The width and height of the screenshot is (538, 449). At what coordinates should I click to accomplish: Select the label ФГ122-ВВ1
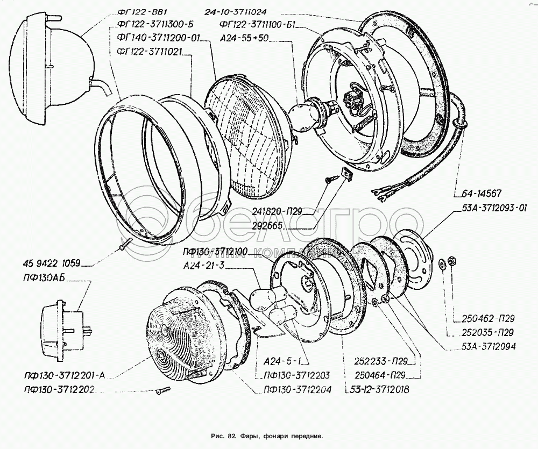point(139,13)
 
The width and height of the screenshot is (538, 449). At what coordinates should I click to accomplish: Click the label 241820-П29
point(260,211)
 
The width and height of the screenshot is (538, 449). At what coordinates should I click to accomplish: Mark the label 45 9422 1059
point(52,263)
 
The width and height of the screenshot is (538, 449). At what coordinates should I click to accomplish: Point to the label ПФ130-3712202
point(59,389)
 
